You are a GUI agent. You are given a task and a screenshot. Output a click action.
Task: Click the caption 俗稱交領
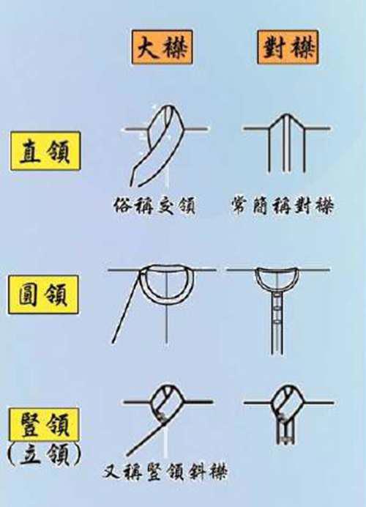(155, 207)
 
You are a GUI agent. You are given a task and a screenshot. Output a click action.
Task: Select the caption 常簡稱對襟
(281, 207)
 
